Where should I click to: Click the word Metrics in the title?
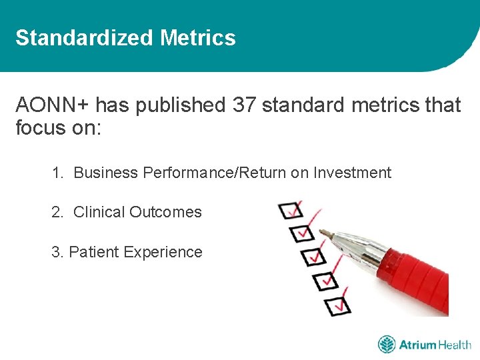[x=198, y=38]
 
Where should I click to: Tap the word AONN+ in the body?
[x=53, y=105]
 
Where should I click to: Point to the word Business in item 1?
[x=105, y=173]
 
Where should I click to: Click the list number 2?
[x=57, y=212]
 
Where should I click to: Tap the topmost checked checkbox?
[x=291, y=211]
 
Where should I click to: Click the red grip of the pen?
[x=420, y=280]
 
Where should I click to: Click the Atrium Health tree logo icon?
[x=387, y=345]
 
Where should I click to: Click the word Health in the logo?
[x=455, y=345]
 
